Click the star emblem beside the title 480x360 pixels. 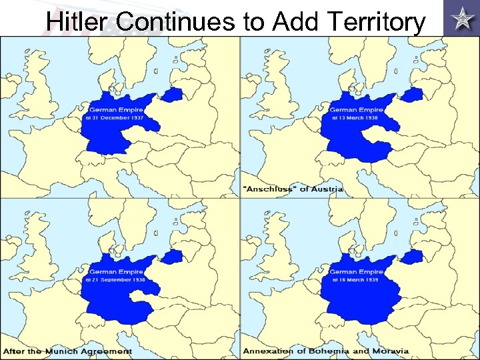click(x=460, y=17)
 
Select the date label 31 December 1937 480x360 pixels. click(x=114, y=118)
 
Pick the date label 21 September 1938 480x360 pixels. click(x=115, y=280)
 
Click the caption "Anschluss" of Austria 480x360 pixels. click(x=294, y=189)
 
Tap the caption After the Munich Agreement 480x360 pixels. click(x=68, y=351)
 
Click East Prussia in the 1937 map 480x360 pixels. click(x=173, y=95)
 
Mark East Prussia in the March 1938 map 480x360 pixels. click(x=414, y=95)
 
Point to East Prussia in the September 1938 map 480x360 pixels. click(x=173, y=257)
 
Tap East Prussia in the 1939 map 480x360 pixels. click(x=414, y=257)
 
